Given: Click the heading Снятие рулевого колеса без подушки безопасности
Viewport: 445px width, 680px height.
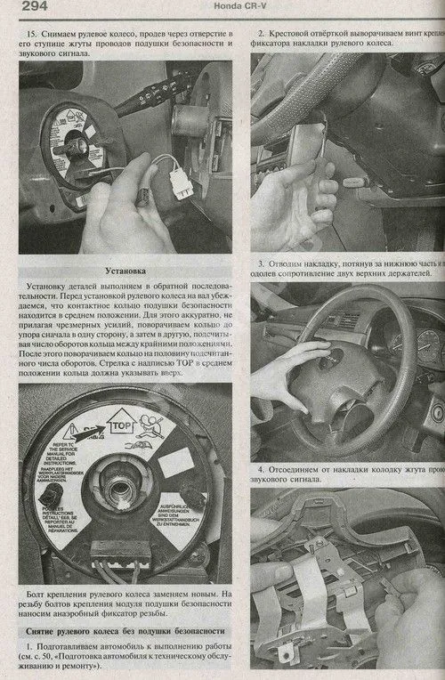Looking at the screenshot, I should point(124,631).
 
